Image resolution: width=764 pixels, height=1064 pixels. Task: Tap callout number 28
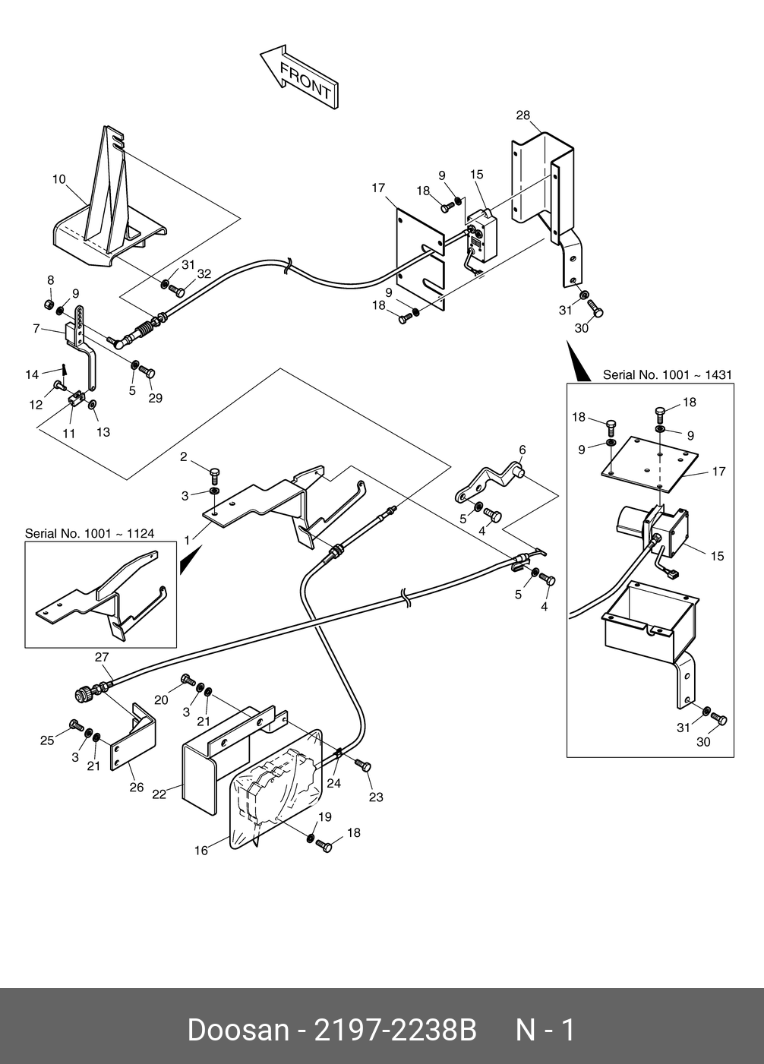click(x=523, y=115)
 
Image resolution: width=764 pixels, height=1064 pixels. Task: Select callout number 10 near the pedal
click(x=59, y=180)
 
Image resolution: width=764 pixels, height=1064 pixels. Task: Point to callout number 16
click(x=200, y=851)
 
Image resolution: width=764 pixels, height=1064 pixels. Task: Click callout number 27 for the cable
click(x=102, y=658)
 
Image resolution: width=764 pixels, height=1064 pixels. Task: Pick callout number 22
click(x=159, y=794)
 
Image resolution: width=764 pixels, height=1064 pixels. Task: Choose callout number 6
click(x=522, y=450)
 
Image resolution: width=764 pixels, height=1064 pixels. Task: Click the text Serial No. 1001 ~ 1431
click(x=667, y=374)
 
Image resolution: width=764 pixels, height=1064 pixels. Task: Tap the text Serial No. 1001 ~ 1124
click(x=90, y=534)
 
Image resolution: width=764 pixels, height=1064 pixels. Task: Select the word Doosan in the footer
click(x=238, y=1031)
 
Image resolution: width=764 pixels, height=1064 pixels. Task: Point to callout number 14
click(x=32, y=374)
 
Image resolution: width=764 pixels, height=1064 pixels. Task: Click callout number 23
click(x=376, y=797)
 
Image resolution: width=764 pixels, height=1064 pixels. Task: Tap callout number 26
click(x=136, y=788)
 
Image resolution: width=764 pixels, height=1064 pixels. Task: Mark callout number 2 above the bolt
click(x=184, y=456)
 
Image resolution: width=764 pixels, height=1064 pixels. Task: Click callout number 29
click(x=155, y=398)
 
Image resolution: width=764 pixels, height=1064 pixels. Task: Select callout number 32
click(x=204, y=273)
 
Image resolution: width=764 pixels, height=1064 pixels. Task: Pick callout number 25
click(x=47, y=740)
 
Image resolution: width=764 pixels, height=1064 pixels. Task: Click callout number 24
click(x=334, y=782)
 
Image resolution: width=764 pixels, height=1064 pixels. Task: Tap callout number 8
click(x=51, y=280)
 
